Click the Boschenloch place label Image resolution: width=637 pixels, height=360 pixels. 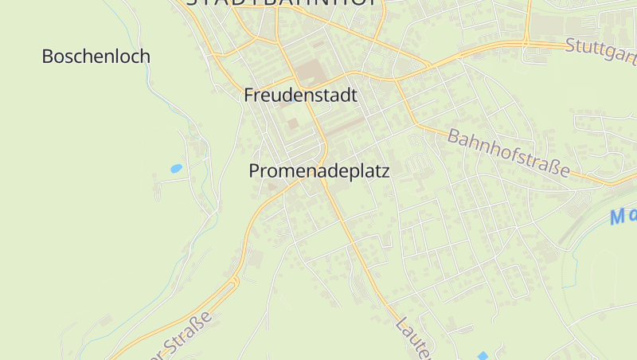[x=96, y=57]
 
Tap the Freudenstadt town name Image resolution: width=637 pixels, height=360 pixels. [x=300, y=96]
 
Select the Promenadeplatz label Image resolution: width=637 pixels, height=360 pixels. [x=318, y=171]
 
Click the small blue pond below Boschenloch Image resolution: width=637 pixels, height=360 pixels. [x=176, y=169]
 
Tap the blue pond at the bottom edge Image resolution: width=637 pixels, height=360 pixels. [x=482, y=355]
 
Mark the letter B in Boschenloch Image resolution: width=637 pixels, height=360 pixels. [x=47, y=57]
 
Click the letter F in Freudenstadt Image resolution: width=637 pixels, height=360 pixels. [x=248, y=96]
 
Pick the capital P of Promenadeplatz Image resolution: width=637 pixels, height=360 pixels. [x=254, y=171]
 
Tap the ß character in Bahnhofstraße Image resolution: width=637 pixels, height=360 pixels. [x=554, y=166]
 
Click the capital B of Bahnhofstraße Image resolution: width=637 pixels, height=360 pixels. [x=453, y=135]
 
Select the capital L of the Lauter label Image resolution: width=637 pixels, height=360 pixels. [x=401, y=323]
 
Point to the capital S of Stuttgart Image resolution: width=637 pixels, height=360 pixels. [x=571, y=45]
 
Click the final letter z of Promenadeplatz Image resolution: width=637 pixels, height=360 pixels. [x=385, y=171]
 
